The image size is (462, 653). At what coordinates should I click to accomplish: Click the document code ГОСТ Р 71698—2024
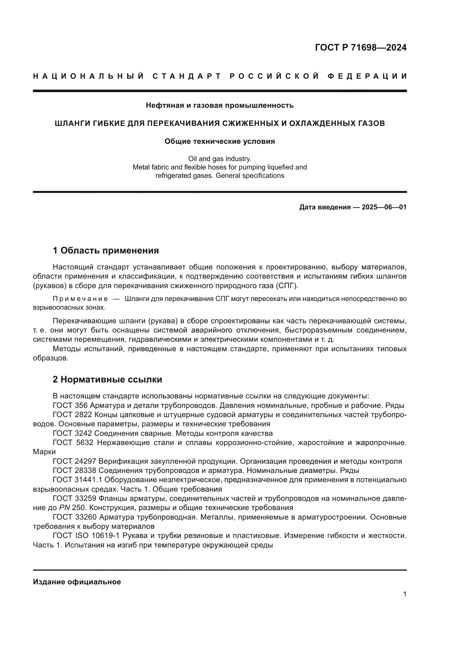tap(360, 47)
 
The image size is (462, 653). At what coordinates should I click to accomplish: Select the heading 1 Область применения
tap(106, 250)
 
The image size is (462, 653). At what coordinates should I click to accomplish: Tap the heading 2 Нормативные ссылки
tap(107, 380)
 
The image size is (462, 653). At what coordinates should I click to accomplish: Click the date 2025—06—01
tap(384, 207)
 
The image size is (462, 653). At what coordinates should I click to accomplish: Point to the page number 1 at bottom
tap(404, 594)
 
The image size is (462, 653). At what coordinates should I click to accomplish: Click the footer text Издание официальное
tap(77, 582)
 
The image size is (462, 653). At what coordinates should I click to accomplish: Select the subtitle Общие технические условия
tap(220, 142)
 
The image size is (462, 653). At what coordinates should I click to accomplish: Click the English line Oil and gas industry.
tap(220, 159)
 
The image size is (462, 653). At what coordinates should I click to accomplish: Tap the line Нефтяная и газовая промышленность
tap(220, 106)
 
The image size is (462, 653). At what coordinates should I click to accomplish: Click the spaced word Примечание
tap(80, 299)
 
